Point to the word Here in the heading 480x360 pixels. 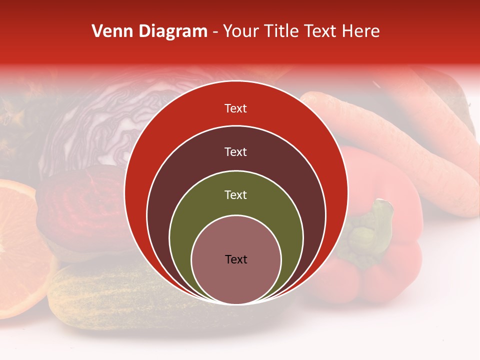point(361,31)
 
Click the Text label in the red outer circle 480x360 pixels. point(235,108)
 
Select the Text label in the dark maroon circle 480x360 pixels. point(235,151)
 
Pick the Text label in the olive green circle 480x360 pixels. point(235,195)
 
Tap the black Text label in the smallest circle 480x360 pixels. point(236,259)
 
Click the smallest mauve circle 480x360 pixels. point(236,280)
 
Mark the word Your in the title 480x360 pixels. point(241,31)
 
